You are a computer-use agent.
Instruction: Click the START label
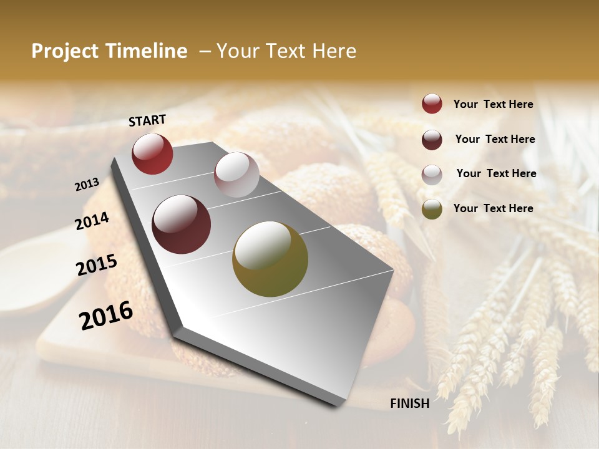pos(147,120)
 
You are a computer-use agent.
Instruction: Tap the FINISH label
pos(409,403)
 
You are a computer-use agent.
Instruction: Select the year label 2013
pos(87,184)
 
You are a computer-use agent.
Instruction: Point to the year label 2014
pos(92,221)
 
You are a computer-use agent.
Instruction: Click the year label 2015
pos(97,265)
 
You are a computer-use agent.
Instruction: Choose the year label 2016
pos(106,316)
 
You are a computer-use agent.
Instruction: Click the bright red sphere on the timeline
pos(152,153)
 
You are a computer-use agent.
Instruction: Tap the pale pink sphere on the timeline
pos(236,175)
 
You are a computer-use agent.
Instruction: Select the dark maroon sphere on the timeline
pos(182,224)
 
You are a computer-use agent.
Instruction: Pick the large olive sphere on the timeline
pos(270,259)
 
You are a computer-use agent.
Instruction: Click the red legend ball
pos(432,104)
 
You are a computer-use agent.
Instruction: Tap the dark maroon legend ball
pos(432,140)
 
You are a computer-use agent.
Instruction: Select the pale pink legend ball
pos(432,174)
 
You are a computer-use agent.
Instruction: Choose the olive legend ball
pos(432,209)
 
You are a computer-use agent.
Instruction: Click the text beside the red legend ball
pos(493,104)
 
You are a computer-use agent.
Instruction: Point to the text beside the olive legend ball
pos(493,208)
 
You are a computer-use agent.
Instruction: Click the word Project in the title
pos(64,51)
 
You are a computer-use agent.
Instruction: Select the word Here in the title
pos(334,51)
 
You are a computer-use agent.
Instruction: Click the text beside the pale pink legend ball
pos(496,173)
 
